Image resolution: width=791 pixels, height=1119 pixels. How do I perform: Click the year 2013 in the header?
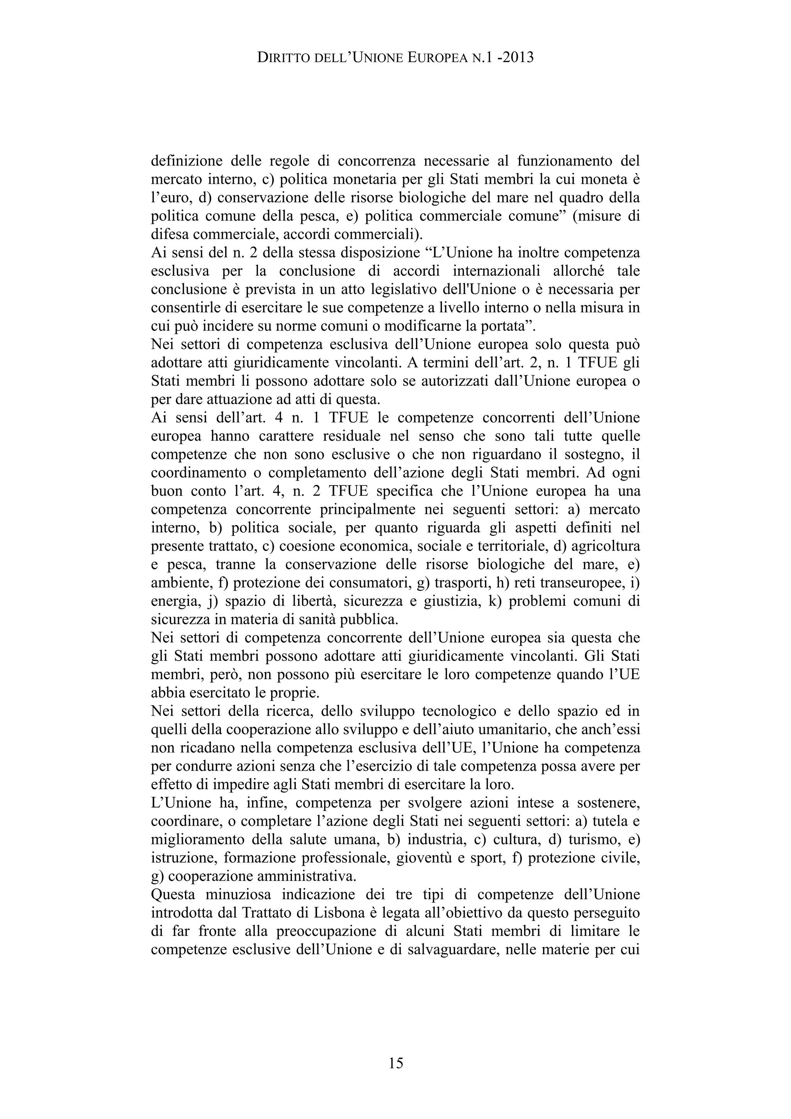517,58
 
